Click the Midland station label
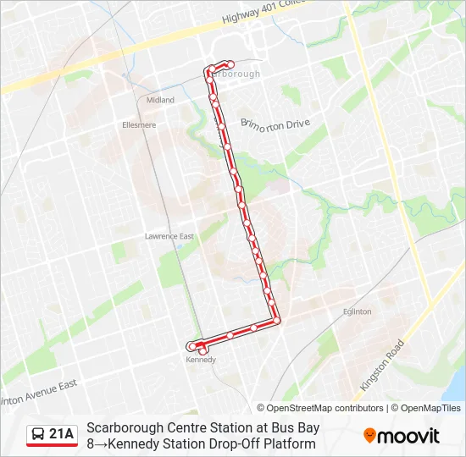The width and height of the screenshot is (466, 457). (160, 100)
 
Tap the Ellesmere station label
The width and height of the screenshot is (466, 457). (139, 125)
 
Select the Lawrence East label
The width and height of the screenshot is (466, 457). (169, 236)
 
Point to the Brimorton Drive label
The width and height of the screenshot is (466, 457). (275, 124)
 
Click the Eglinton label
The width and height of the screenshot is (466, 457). (357, 311)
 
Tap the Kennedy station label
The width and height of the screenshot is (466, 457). (201, 360)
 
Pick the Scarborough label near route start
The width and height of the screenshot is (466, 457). (236, 74)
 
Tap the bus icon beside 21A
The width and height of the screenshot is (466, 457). (38, 435)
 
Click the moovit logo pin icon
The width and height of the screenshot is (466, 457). (370, 436)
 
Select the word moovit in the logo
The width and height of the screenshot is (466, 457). (408, 436)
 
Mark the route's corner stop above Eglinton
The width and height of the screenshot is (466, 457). (276, 320)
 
